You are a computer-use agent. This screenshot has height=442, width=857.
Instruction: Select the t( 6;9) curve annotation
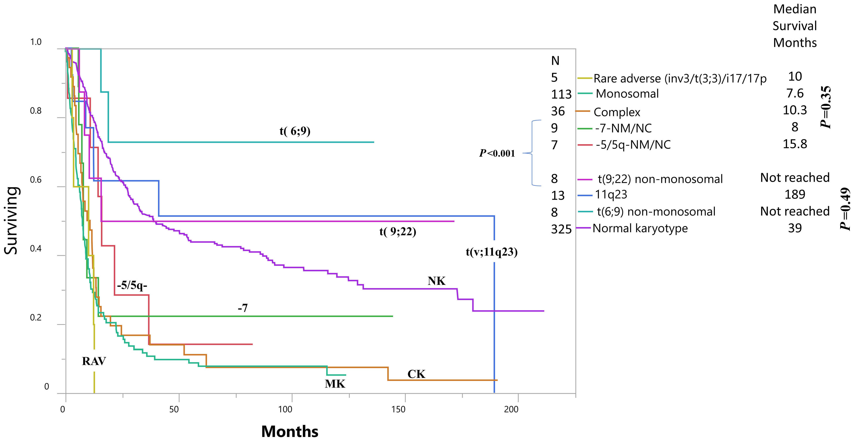[295, 131]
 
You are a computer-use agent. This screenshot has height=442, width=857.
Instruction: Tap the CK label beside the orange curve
[416, 374]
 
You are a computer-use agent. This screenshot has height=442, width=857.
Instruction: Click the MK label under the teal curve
[335, 384]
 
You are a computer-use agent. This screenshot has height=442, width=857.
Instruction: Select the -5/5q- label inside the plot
[132, 285]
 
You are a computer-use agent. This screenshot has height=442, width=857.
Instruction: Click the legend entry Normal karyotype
[640, 228]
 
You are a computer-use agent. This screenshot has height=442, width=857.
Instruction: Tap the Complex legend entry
[617, 112]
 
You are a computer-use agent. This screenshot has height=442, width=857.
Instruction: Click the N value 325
[561, 229]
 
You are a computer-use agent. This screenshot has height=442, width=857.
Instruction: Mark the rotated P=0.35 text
[825, 107]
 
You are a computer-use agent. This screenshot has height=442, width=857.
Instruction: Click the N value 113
[561, 95]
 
